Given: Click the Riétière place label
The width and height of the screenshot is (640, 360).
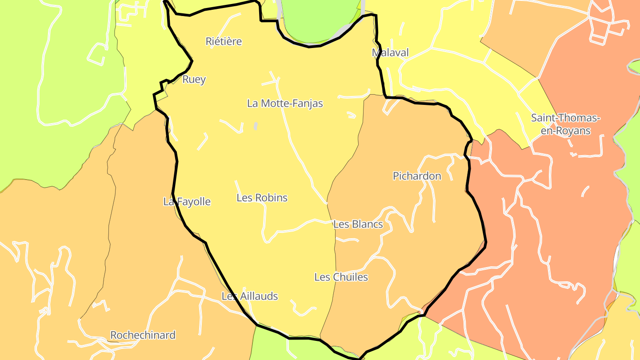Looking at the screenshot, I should pyautogui.click(x=224, y=41).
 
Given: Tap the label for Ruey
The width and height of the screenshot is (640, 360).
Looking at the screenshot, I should pyautogui.click(x=194, y=80).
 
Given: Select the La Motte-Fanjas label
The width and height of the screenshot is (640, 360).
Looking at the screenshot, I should pyautogui.click(x=285, y=104).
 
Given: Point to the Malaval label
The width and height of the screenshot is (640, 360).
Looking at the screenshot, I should pyautogui.click(x=390, y=53).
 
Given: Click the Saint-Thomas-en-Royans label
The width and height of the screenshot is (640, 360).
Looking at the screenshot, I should pyautogui.click(x=565, y=124).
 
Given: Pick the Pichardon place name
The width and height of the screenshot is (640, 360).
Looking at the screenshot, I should pyautogui.click(x=417, y=176).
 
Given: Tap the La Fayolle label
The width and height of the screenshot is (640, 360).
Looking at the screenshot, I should pyautogui.click(x=187, y=202).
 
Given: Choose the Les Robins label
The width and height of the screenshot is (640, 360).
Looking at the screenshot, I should pyautogui.click(x=262, y=198).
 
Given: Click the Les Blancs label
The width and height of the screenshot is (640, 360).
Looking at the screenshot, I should pyautogui.click(x=358, y=224).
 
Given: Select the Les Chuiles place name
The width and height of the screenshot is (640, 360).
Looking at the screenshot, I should pyautogui.click(x=341, y=277).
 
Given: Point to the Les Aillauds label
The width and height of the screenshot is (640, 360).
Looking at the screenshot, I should pyautogui.click(x=250, y=296).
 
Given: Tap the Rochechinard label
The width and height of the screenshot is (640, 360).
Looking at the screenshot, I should pyautogui.click(x=143, y=335).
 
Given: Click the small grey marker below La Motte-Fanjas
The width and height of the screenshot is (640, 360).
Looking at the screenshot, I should pyautogui.click(x=256, y=126).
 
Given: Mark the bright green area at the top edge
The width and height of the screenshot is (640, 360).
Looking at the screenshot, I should pyautogui.click(x=321, y=18).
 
